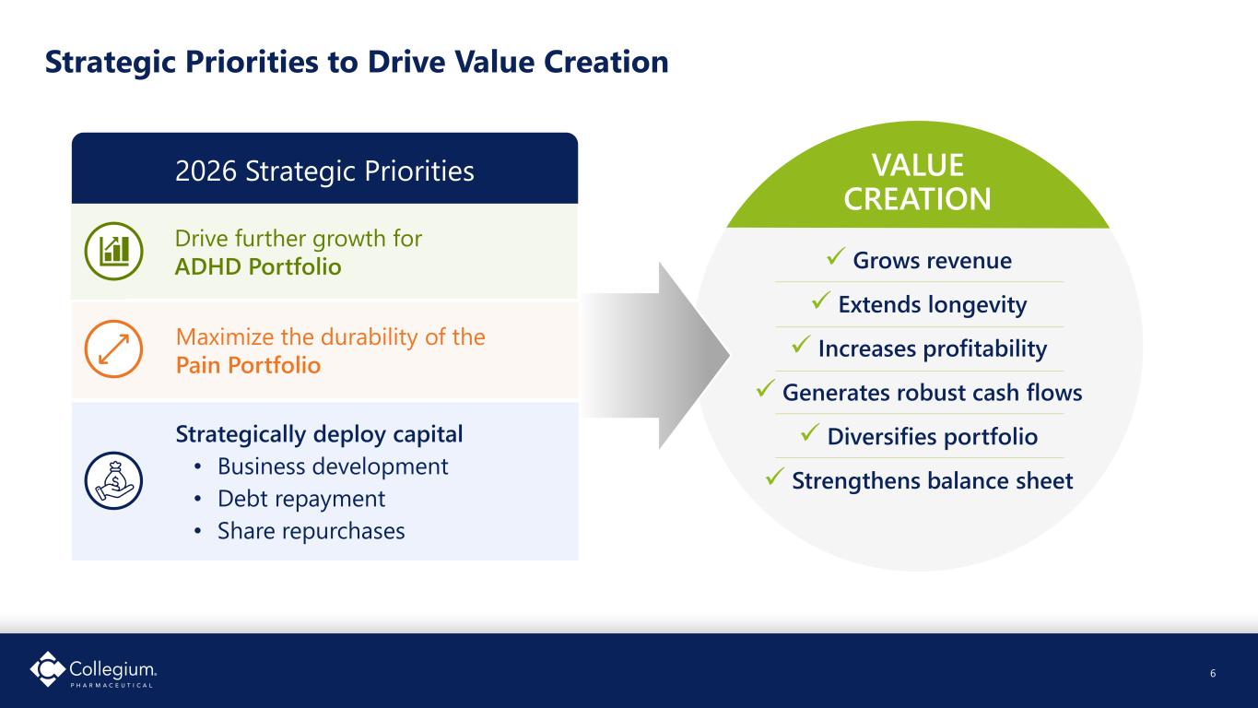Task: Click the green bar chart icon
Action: (113, 251)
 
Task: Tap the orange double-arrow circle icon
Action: (113, 349)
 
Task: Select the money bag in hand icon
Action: (113, 480)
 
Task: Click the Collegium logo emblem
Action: (47, 668)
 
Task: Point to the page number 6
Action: (1213, 673)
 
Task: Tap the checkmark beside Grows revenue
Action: (836, 255)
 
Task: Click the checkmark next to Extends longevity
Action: (821, 300)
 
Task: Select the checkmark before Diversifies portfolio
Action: (810, 432)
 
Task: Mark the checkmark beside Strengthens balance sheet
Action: (774, 477)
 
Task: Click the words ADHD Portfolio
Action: (258, 267)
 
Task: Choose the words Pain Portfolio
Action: (248, 365)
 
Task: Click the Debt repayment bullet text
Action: (301, 499)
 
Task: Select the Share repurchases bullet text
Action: (312, 531)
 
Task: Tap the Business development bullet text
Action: (333, 466)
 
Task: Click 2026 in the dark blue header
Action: (206, 171)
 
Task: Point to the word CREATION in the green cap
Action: (917, 199)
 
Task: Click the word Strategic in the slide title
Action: (111, 63)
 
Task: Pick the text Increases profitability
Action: (933, 348)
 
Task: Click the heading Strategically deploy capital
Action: (319, 434)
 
